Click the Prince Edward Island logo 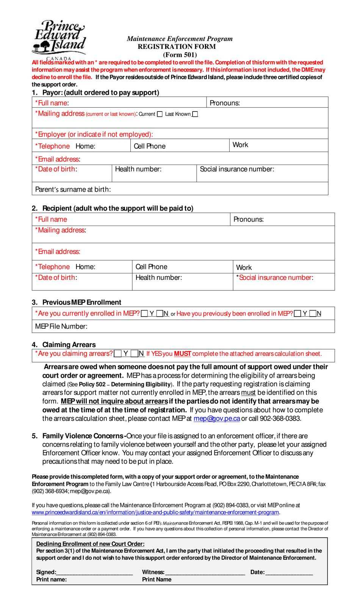59,38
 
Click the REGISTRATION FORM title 177,47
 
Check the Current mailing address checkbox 160,114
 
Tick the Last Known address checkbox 195,114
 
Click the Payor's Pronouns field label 225,103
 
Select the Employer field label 94,134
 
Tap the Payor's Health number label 138,169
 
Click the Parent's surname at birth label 73,189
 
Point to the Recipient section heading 117,208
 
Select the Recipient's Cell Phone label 151,267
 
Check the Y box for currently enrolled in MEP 144,314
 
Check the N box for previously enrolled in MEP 313,314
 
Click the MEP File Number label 61,326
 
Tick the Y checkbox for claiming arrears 118,354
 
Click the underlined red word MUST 182,354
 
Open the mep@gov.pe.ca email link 216,419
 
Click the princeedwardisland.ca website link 155,512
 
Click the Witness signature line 205,572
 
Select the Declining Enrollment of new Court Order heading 90,544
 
